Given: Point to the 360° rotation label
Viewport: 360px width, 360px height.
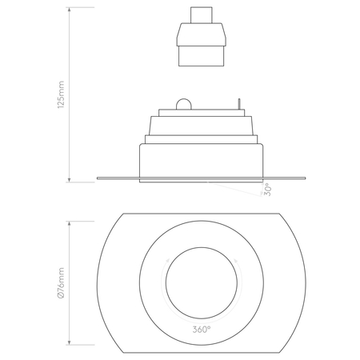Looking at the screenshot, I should (201, 329).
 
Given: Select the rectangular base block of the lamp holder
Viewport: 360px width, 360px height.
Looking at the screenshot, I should (200, 55).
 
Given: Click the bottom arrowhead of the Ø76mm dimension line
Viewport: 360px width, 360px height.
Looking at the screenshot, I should (70, 350).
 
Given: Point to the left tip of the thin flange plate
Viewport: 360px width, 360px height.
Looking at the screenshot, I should (98, 178).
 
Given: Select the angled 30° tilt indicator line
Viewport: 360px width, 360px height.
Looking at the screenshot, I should (240, 185).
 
